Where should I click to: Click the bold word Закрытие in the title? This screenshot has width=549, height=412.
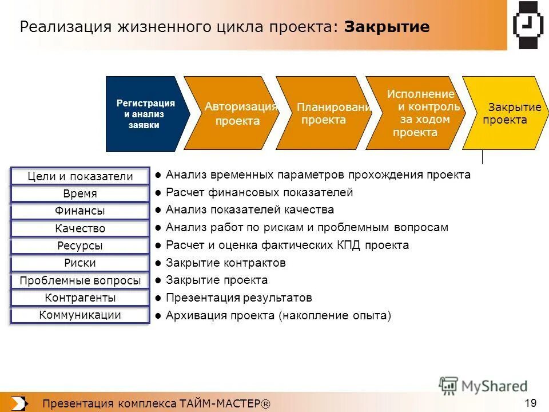[x=387, y=27]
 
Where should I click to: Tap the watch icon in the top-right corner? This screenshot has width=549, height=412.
[x=528, y=25]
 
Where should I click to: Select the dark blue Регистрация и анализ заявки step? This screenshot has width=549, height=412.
[x=145, y=114]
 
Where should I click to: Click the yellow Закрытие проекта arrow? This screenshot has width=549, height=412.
[x=503, y=114]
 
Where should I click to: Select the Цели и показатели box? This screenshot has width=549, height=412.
[x=80, y=177]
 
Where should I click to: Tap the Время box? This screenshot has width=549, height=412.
[x=80, y=194]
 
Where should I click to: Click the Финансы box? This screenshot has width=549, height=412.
[x=80, y=211]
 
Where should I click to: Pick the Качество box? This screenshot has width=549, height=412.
[x=80, y=229]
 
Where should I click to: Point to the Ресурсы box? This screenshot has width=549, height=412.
[x=80, y=246]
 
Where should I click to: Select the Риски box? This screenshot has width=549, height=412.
[x=80, y=263]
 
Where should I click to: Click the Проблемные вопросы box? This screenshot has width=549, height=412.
[x=80, y=281]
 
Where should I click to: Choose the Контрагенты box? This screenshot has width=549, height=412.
[x=80, y=298]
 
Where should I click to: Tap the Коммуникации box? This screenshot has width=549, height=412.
[x=80, y=315]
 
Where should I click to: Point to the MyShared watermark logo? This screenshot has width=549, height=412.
[x=483, y=386]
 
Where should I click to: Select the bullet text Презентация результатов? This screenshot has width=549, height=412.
[x=238, y=298]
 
